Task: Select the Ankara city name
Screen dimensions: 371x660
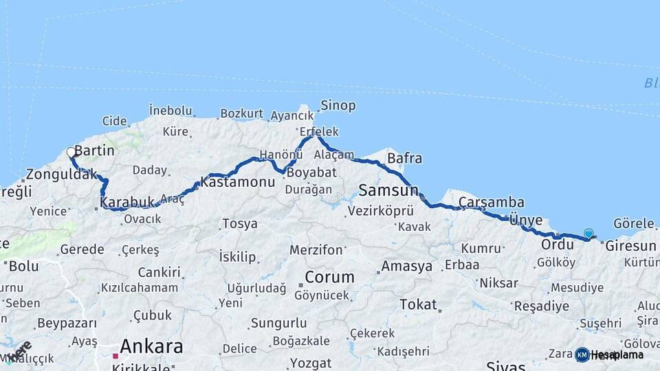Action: tap(151, 346)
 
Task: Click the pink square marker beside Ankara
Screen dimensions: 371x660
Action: tap(115, 356)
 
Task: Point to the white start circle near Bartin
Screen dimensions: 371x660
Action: tap(71, 153)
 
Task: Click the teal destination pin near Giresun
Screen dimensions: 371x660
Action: tap(588, 234)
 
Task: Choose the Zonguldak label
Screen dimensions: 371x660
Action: tap(62, 175)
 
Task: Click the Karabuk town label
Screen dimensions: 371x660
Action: tap(126, 203)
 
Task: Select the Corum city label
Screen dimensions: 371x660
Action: tap(329, 278)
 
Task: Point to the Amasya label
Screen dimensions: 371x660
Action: tap(407, 266)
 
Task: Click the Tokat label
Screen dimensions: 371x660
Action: tap(418, 304)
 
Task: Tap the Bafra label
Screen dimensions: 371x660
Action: tap(405, 159)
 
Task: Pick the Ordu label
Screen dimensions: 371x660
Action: tap(558, 245)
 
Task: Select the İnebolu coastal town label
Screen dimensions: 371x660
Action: tap(170, 111)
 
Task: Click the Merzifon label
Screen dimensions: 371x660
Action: tap(316, 250)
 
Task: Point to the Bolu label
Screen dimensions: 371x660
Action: tap(24, 266)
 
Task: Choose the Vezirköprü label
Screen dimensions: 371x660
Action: tap(381, 211)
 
